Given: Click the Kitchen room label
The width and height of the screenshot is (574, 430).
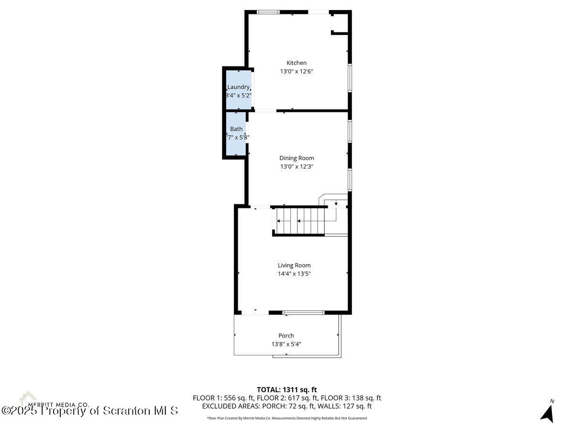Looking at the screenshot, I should click(296, 63).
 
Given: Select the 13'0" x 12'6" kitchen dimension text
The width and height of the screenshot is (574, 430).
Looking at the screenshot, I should click(296, 71).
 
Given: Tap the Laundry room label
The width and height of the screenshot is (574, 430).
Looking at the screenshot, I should click(238, 87).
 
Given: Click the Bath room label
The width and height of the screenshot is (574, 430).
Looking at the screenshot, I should click(236, 129).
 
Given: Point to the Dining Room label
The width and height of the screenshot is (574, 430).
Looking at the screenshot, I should click(297, 158).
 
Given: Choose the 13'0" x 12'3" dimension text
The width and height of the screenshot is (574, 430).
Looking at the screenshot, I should click(297, 167).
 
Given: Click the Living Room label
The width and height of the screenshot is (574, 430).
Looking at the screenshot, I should click(294, 265).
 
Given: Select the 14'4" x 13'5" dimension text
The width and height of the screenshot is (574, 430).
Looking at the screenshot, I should click(294, 274).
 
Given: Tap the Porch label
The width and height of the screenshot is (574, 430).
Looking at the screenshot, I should click(286, 335).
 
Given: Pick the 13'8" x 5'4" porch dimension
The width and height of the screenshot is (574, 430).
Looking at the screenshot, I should click(286, 344).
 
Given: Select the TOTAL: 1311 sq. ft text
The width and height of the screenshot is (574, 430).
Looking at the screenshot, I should click(287, 389).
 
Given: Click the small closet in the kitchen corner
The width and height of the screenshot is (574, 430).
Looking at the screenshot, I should click(340, 22).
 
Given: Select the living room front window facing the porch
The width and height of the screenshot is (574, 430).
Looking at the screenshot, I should click(303, 312).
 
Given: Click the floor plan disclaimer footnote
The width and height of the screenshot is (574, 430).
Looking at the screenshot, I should click(287, 418).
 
